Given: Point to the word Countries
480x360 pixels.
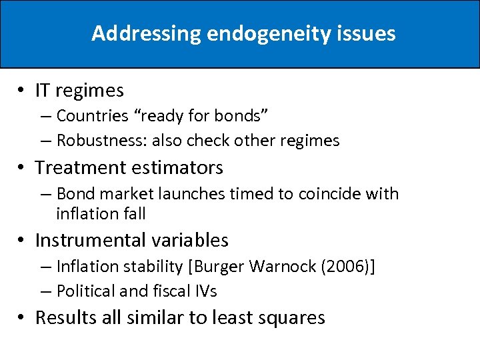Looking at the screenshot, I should [92, 115].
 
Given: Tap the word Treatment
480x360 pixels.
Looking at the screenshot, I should [75, 167].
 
